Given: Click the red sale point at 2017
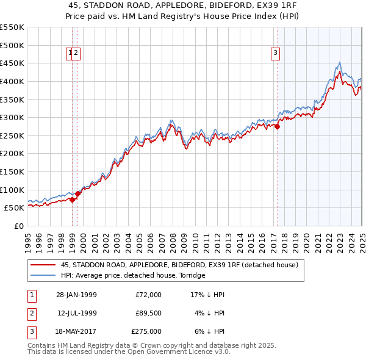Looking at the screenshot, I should tap(277, 127).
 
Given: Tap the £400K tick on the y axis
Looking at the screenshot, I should tap(13, 81).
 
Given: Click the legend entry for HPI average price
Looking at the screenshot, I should tap(133, 275).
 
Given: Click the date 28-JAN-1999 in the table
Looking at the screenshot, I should tap(76, 295).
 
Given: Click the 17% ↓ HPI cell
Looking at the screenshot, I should tap(207, 295).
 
